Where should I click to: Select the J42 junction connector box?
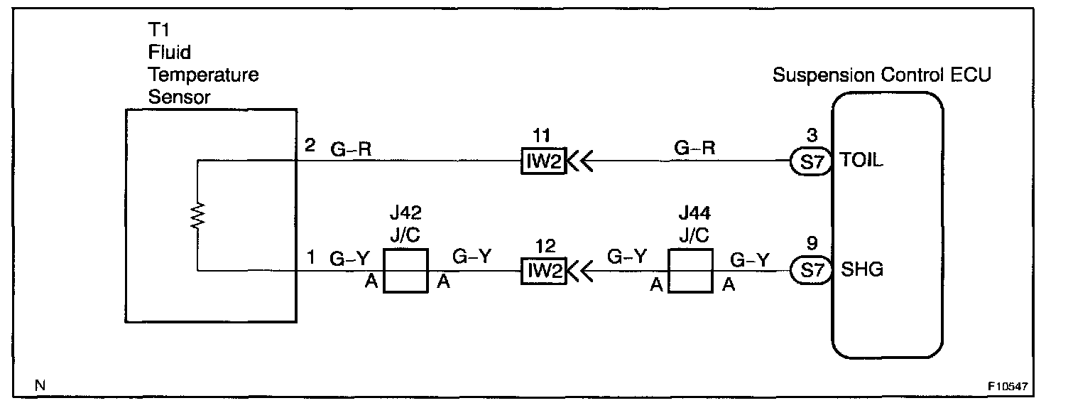click(x=405, y=271)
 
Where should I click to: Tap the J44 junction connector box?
click(x=691, y=271)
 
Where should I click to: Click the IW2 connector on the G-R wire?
click(x=543, y=163)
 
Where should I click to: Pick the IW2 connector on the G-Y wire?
click(x=543, y=271)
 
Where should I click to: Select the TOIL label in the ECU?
click(x=861, y=161)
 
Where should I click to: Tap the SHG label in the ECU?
click(x=861, y=270)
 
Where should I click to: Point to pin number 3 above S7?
click(x=812, y=135)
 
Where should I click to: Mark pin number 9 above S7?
click(x=812, y=244)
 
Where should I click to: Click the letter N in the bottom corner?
click(x=40, y=386)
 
